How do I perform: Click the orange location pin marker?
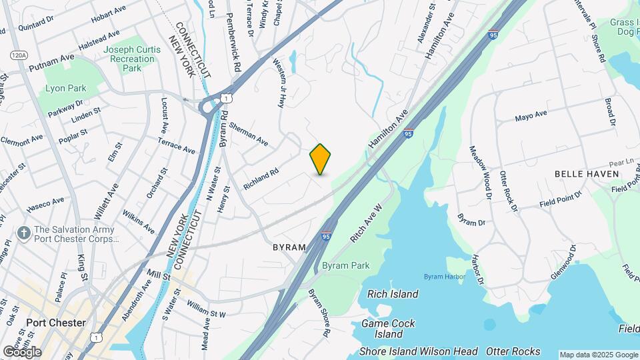[320, 159]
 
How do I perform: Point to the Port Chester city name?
[56, 323]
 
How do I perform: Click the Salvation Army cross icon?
[23, 233]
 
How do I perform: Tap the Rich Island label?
[393, 294]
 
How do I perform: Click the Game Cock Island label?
[388, 329]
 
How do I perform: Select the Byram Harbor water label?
[445, 277]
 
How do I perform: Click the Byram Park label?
[345, 265]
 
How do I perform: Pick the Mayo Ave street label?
[531, 117]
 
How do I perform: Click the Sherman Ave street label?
[248, 134]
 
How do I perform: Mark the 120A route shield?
[18, 55]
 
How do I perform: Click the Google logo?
[22, 351]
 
